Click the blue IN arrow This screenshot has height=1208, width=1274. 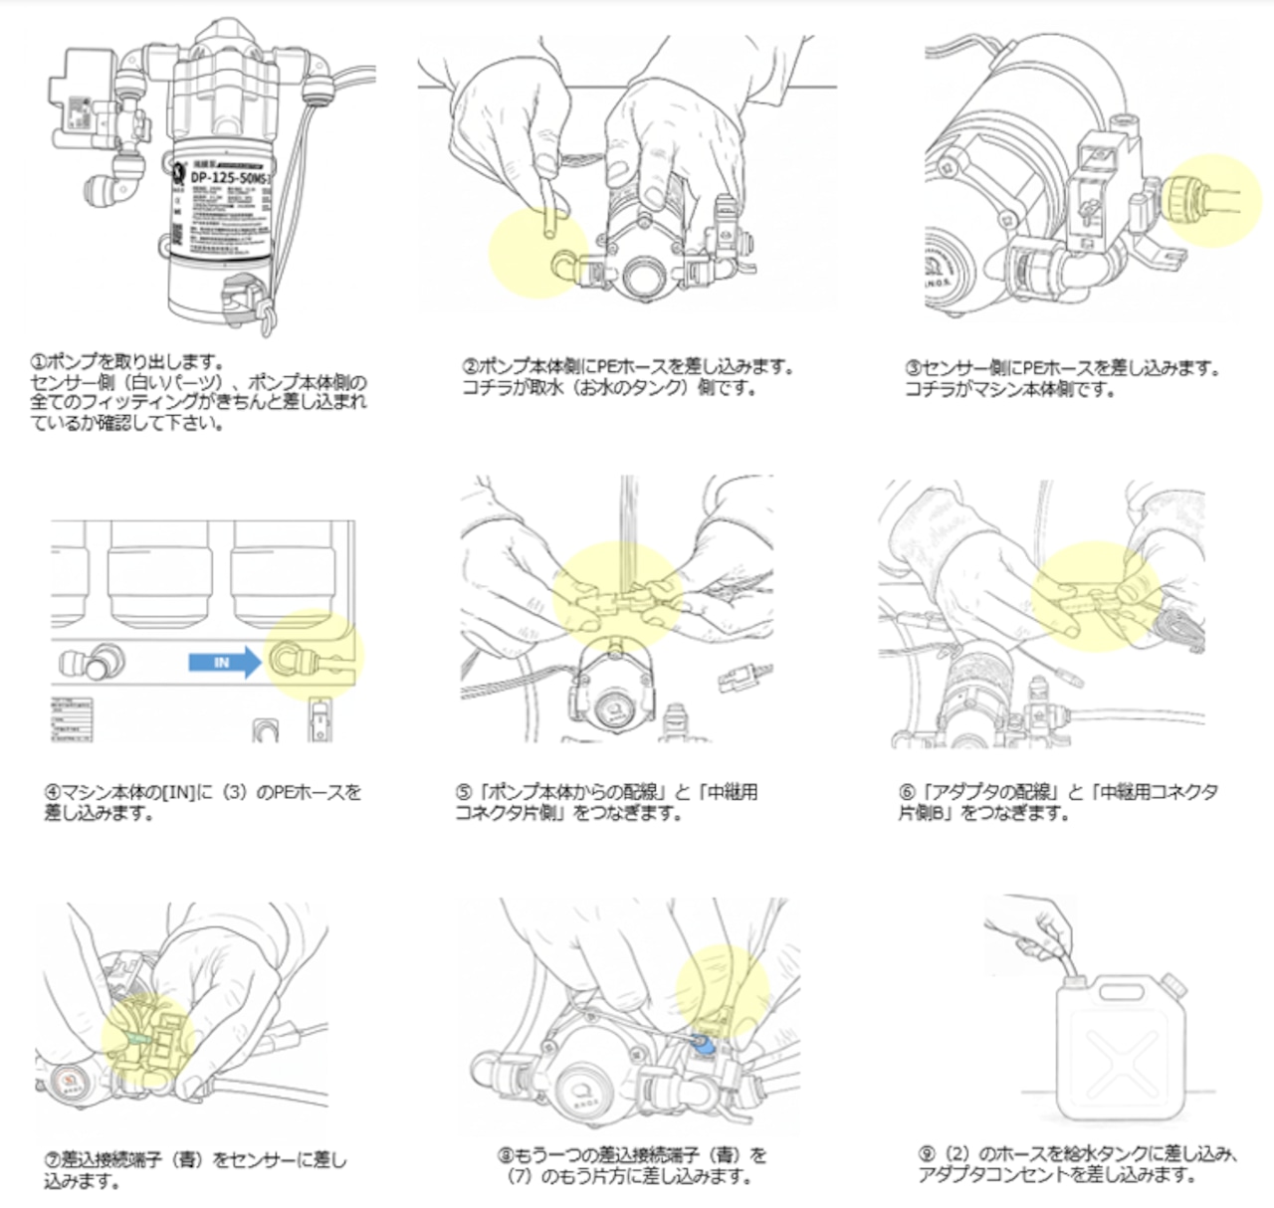tap(222, 663)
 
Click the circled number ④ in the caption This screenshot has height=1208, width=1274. tap(52, 793)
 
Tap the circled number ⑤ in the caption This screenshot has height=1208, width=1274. tap(464, 793)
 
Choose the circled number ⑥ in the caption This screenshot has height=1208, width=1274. tap(907, 793)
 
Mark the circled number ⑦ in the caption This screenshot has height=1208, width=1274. tap(52, 1160)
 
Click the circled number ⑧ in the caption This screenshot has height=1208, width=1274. tap(506, 1156)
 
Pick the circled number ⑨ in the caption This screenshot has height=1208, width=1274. tap(927, 1154)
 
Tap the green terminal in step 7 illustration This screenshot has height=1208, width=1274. tap(135, 1040)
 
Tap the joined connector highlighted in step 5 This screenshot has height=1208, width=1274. tap(616, 602)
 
